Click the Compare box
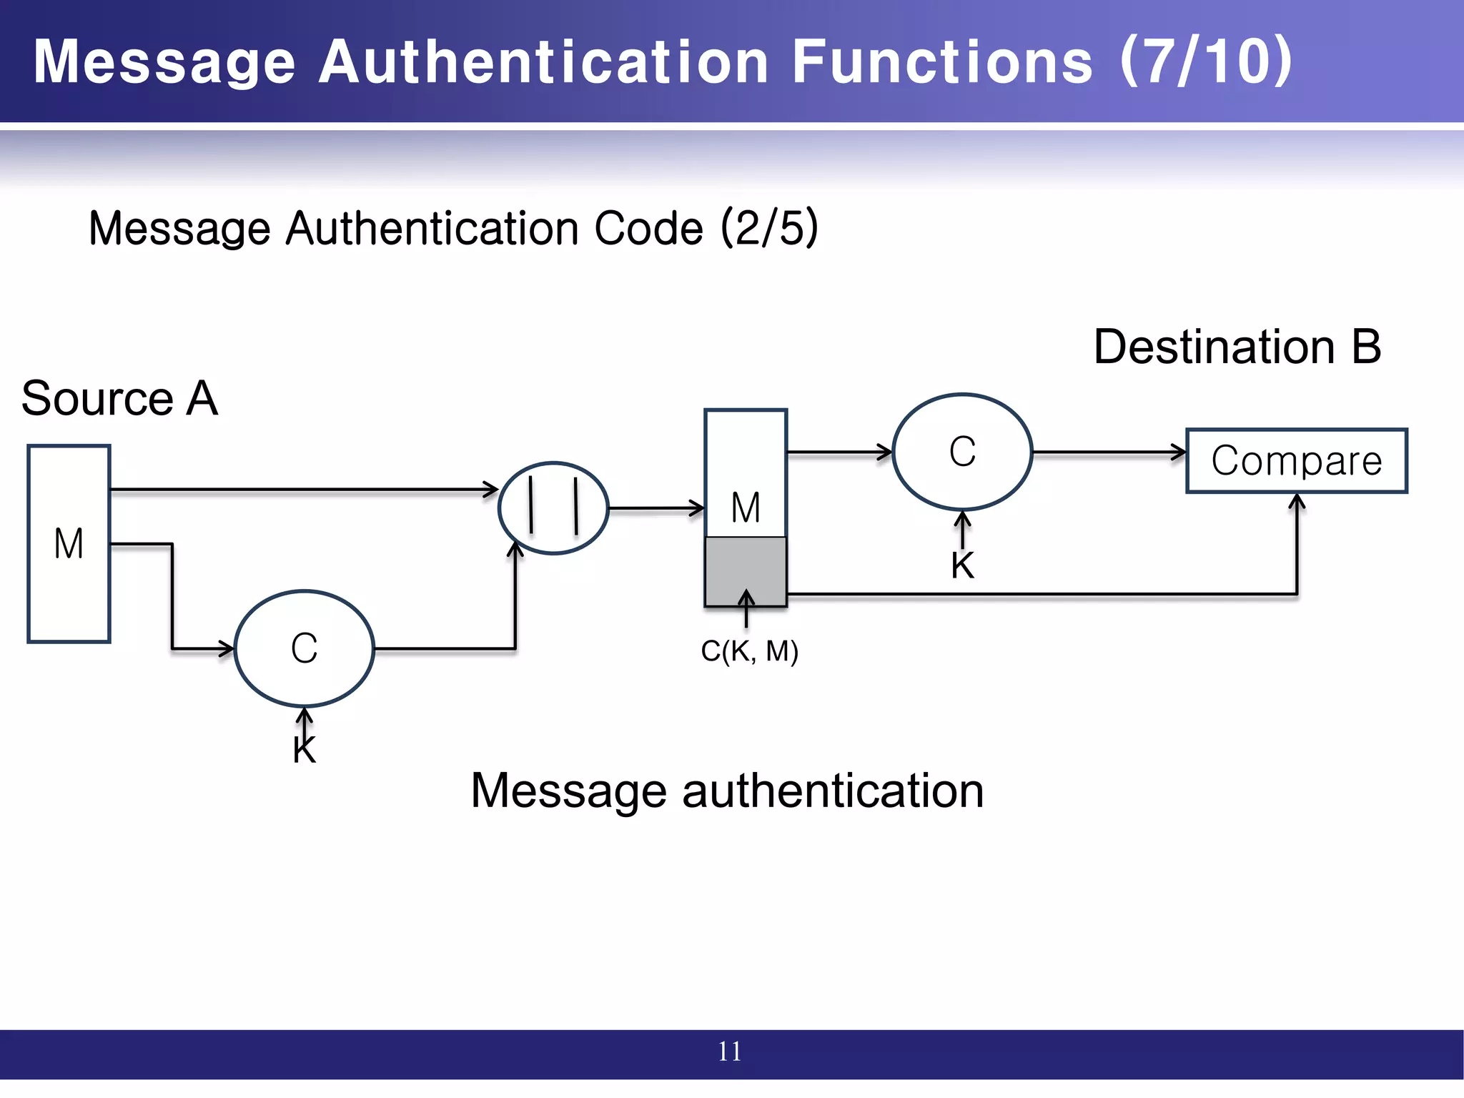(1296, 461)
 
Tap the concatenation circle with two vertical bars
(553, 508)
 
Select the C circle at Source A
(305, 648)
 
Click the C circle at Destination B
(962, 452)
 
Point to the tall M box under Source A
(69, 543)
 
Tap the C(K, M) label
(749, 651)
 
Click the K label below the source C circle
(305, 751)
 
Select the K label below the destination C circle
(962, 565)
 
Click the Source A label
(119, 398)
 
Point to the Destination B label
(1237, 347)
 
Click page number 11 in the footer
(730, 1052)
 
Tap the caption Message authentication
(727, 791)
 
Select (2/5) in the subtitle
(769, 228)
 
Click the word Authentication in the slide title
(543, 61)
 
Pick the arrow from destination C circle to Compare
(1108, 452)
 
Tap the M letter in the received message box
(746, 508)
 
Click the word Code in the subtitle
(649, 228)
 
